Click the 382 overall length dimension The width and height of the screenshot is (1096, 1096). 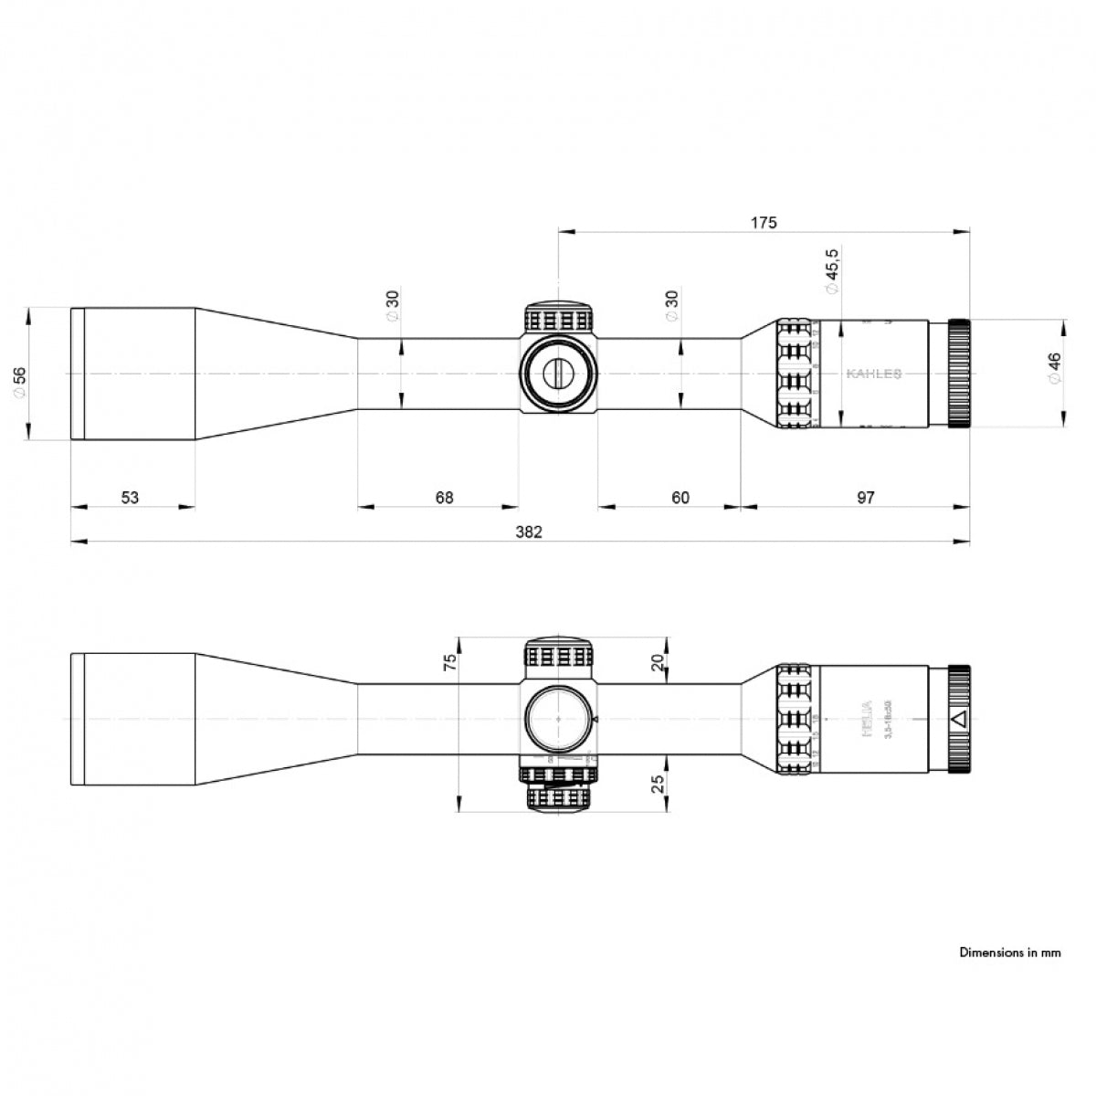click(x=528, y=532)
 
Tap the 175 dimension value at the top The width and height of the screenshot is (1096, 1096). click(x=764, y=222)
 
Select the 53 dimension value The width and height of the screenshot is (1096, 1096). click(x=131, y=497)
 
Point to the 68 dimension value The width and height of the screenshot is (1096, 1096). click(x=444, y=497)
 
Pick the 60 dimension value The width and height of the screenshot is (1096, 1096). click(x=680, y=497)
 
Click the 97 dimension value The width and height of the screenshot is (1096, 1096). click(x=866, y=497)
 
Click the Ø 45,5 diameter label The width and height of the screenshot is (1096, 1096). click(x=831, y=270)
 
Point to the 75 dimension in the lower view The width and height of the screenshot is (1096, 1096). click(x=448, y=662)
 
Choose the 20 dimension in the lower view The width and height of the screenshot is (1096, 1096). click(x=660, y=662)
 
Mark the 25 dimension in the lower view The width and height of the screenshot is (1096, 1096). click(x=660, y=783)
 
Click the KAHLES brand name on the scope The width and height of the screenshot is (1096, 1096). click(x=874, y=374)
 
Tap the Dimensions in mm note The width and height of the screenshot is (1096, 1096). click(x=1010, y=953)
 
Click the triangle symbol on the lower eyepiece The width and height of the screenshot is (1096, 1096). click(x=958, y=719)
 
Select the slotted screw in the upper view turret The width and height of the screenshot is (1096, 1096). click(x=558, y=373)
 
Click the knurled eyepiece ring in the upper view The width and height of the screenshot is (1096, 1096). click(x=960, y=374)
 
